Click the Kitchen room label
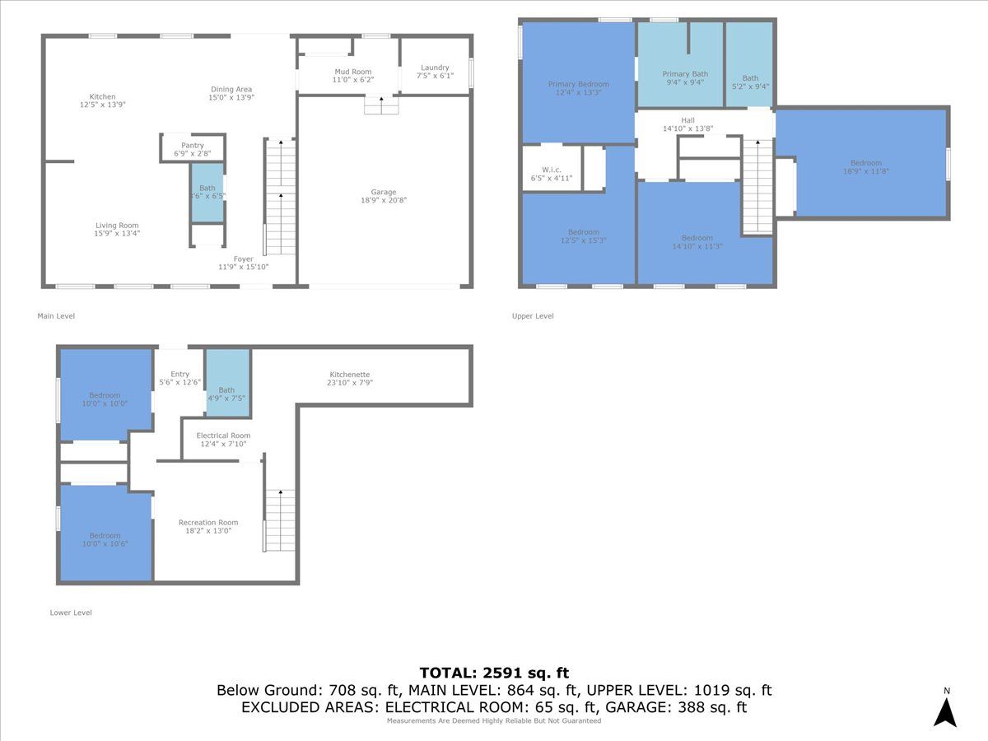pyautogui.click(x=103, y=96)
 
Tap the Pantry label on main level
pyautogui.click(x=192, y=146)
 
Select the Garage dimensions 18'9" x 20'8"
pyautogui.click(x=384, y=200)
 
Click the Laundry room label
pyautogui.click(x=435, y=68)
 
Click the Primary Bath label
pyautogui.click(x=685, y=74)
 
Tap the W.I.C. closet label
pyautogui.click(x=552, y=170)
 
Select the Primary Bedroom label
pyautogui.click(x=578, y=84)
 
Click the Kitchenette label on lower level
pyautogui.click(x=349, y=375)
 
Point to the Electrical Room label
pyautogui.click(x=223, y=436)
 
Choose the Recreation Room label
pyautogui.click(x=208, y=522)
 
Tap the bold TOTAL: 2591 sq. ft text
pyautogui.click(x=494, y=673)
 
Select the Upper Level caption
pyautogui.click(x=533, y=315)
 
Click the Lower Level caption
pyautogui.click(x=71, y=613)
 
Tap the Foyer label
pyautogui.click(x=243, y=259)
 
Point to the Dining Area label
pyautogui.click(x=231, y=89)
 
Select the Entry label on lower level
pyautogui.click(x=179, y=374)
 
